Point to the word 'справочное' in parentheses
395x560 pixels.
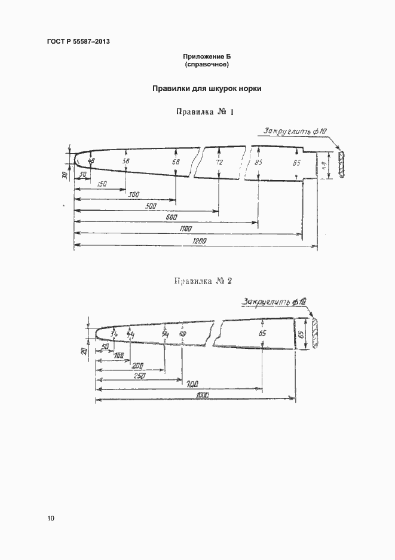pos(207,63)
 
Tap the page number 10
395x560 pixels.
pos(50,518)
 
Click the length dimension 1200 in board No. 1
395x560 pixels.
pos(199,241)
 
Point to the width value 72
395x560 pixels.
pos(219,162)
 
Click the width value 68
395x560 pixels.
pos(176,162)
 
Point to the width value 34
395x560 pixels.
pos(114,334)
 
